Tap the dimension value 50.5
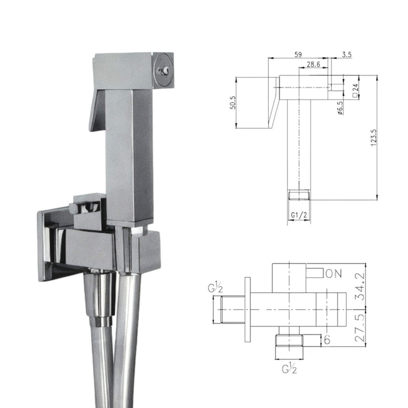coord(233,103)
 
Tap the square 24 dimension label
coord(355,89)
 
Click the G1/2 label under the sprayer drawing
coord(300,214)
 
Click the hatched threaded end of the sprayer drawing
coord(300,194)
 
